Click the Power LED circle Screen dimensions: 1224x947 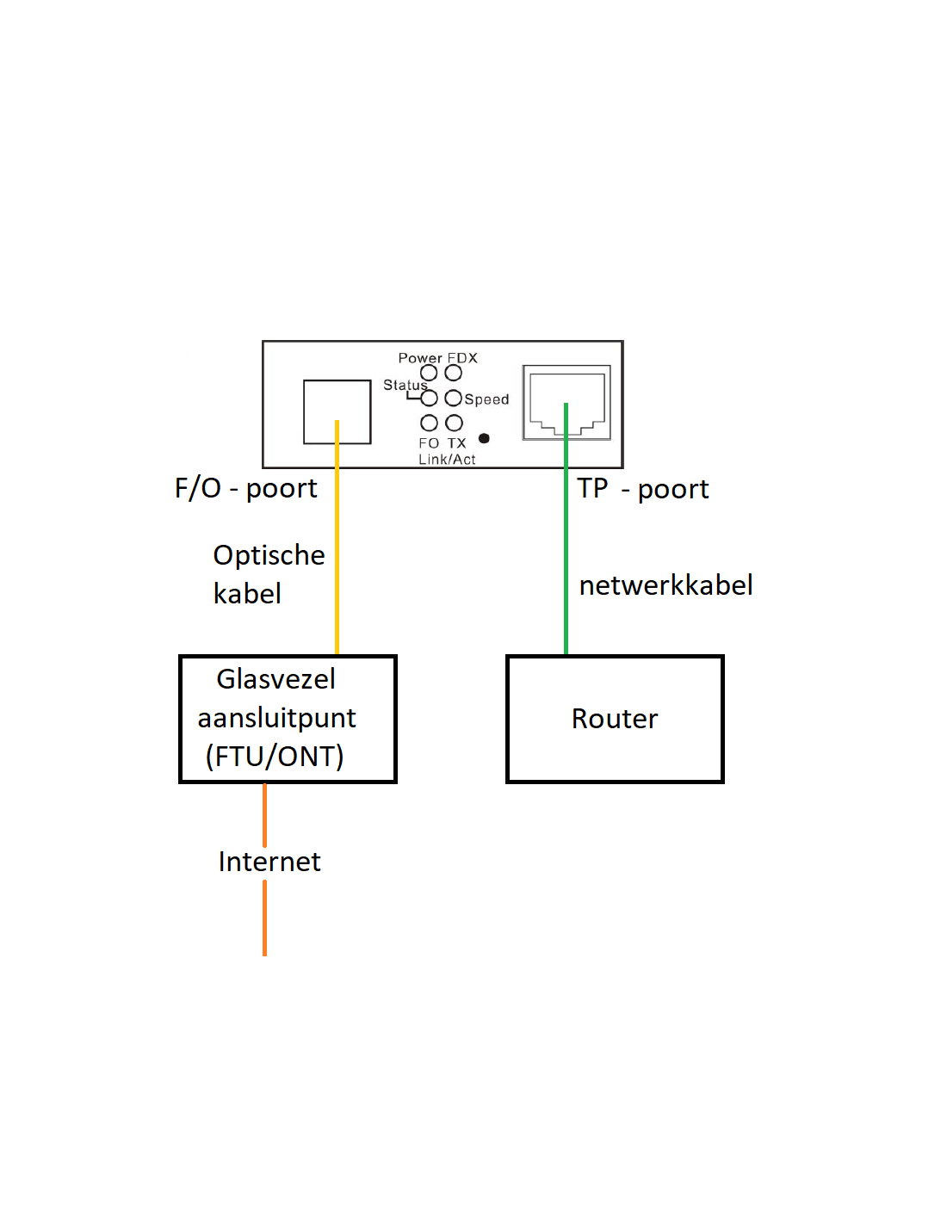pos(429,373)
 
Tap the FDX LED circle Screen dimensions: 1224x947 pos(454,373)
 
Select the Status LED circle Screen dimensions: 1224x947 pos(429,398)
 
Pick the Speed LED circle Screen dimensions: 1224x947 pos(454,398)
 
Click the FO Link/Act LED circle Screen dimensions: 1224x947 pos(429,423)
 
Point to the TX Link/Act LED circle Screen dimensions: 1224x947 pos(455,423)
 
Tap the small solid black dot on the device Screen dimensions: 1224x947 pos(484,438)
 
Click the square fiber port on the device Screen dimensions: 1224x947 pos(337,411)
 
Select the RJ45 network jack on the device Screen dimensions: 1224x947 pos(566,402)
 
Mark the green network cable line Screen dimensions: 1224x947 pos(566,551)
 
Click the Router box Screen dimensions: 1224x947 pos(615,719)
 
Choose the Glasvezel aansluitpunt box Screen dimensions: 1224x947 pos(288,719)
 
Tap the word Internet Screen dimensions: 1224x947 pos(269,862)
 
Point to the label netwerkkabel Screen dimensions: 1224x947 pos(665,585)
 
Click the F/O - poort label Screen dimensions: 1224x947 pos(246,488)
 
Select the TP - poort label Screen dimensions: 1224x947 pos(642,489)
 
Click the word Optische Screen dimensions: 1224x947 pos(269,555)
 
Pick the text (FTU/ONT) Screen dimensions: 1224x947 pos(275,756)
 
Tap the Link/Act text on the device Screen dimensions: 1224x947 pos(447,460)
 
